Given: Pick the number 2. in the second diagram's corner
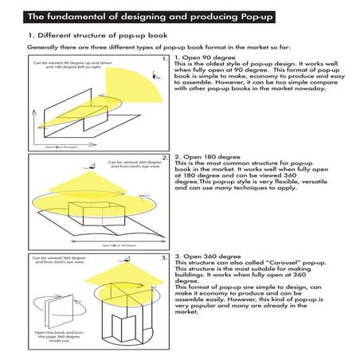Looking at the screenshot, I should pos(163,158).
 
